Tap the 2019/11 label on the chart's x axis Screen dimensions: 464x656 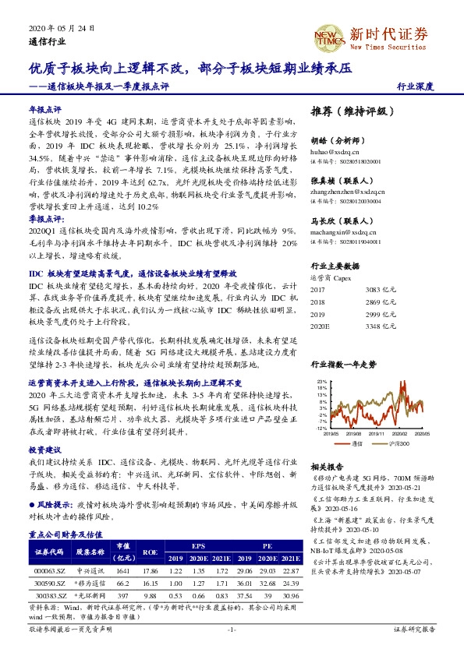[x=378, y=435]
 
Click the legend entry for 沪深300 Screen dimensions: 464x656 [x=398, y=443]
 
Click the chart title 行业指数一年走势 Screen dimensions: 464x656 [x=344, y=365]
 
